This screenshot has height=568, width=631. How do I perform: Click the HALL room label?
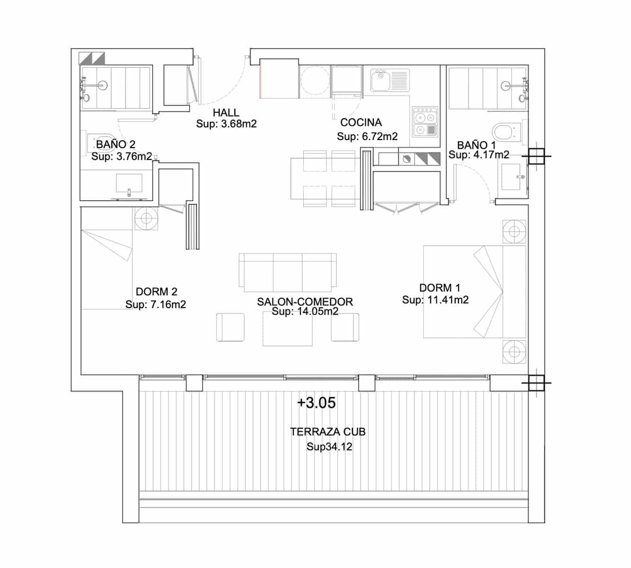coord(226,113)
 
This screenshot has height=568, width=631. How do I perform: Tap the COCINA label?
coord(361,123)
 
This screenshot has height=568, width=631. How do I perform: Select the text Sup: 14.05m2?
coord(305,311)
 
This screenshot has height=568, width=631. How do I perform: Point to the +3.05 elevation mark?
coord(316,403)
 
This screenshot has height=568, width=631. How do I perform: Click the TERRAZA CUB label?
coord(328,432)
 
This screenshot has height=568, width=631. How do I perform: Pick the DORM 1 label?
coord(440,288)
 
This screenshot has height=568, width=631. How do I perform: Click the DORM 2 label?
coord(156,292)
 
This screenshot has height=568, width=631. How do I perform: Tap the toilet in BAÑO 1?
coord(503,131)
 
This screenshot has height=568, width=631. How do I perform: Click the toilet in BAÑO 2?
coord(102,140)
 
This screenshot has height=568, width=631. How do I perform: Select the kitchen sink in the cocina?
coord(380,80)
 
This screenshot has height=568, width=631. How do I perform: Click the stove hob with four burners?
coord(424,123)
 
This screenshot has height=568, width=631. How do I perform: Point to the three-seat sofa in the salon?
coord(288,272)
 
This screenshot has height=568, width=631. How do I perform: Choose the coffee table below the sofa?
coord(288,329)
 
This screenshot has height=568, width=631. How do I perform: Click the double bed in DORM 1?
coord(474,292)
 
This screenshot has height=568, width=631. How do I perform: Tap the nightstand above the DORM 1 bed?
coord(514,232)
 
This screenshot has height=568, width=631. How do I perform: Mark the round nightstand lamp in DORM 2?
coord(146,218)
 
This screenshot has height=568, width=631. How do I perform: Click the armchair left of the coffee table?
coord(230,327)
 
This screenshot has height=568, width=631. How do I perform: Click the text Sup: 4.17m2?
coord(479,155)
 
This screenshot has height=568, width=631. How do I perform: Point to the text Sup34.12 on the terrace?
coord(329,447)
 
